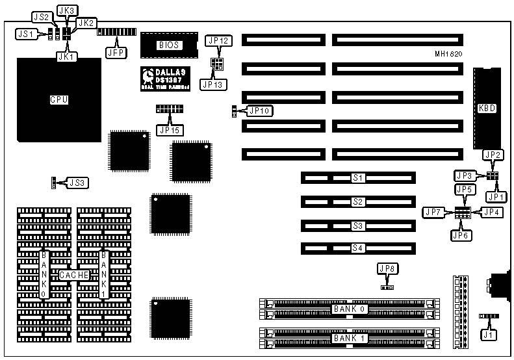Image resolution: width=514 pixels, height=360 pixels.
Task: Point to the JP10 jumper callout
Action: click(x=261, y=111)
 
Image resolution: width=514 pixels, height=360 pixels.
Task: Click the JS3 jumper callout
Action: click(x=77, y=183)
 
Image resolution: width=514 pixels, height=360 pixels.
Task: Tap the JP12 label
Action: click(x=218, y=41)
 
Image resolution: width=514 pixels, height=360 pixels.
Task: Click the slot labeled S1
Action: click(x=357, y=177)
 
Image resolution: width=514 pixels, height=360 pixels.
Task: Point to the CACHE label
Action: click(x=73, y=275)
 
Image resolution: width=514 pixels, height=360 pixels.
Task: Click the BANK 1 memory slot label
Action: click(x=348, y=338)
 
